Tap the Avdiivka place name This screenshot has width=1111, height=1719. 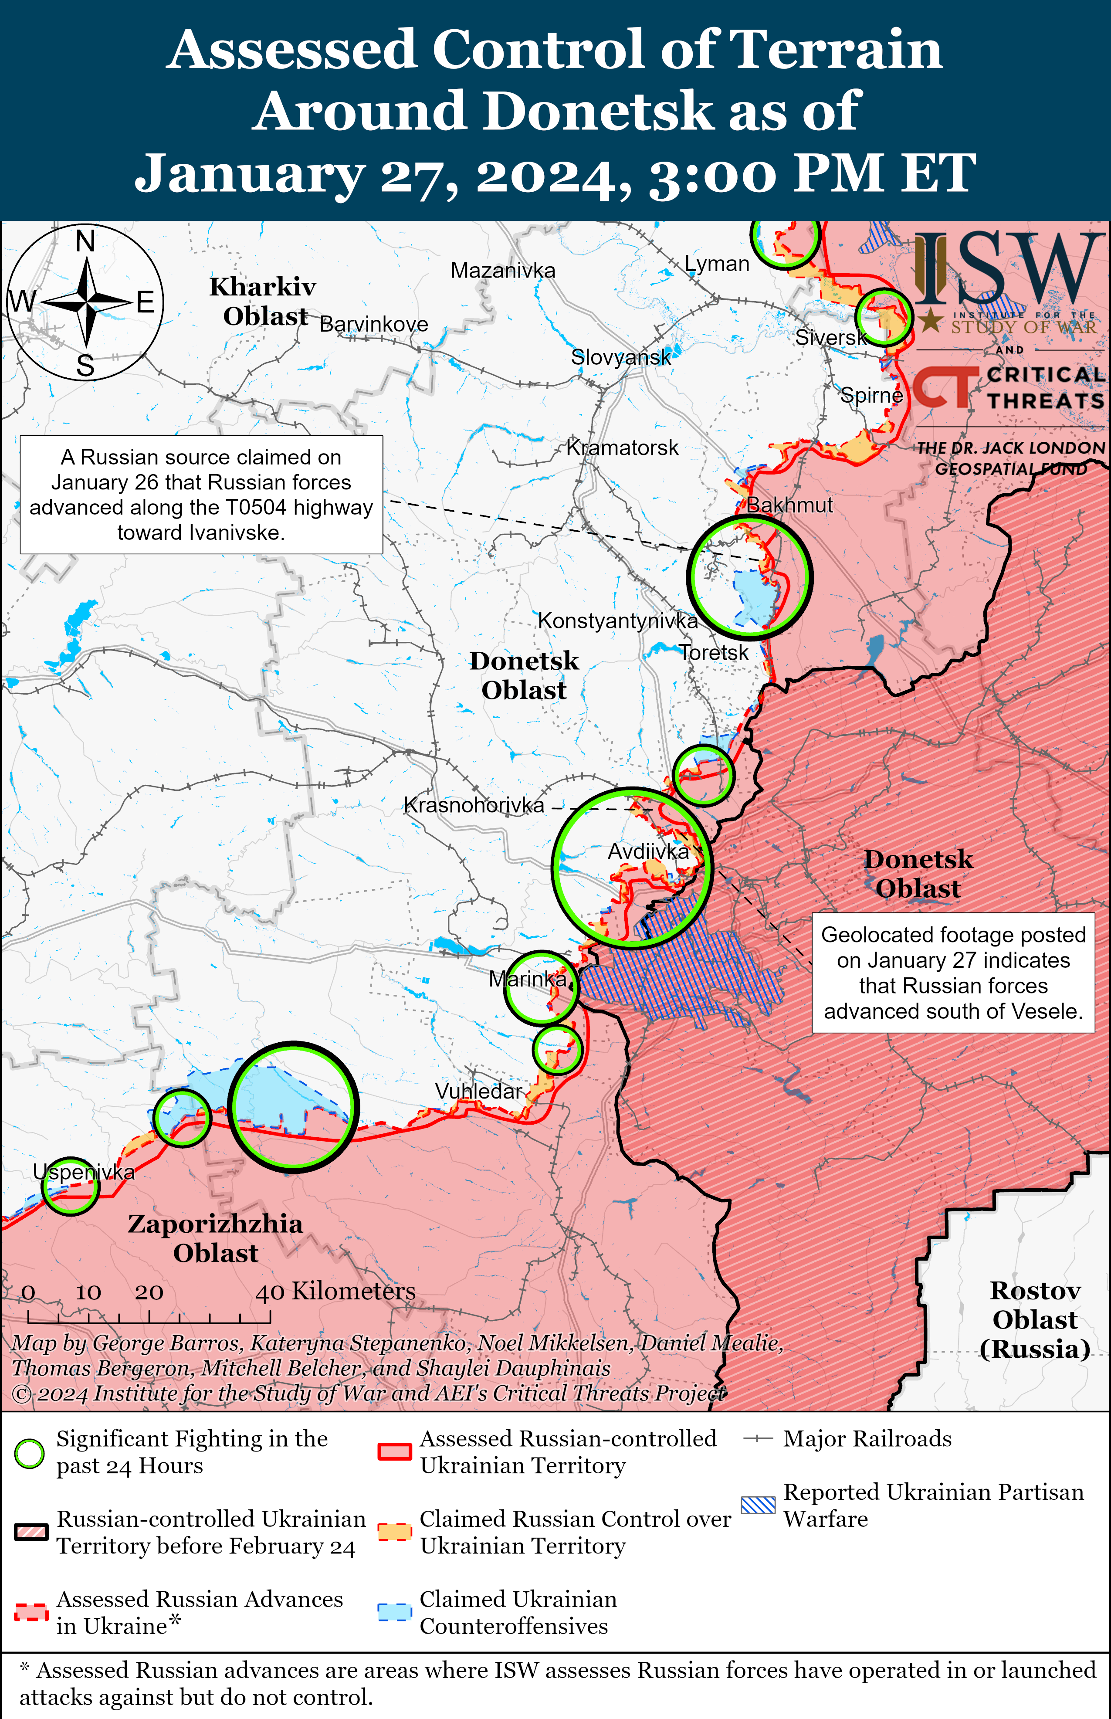click(648, 852)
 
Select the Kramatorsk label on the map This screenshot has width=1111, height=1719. click(622, 448)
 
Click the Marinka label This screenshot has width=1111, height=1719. click(527, 979)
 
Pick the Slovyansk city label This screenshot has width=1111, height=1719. click(620, 357)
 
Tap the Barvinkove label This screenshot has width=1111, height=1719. click(374, 325)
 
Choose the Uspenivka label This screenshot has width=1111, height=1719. click(84, 1172)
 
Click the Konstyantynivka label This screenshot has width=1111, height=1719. click(617, 621)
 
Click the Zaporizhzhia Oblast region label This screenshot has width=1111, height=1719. click(215, 1238)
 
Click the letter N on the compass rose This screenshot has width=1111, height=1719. click(85, 241)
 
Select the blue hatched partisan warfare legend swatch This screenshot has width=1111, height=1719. click(758, 1505)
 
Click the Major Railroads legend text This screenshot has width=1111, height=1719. click(867, 1439)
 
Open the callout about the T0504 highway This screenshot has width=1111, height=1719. click(201, 495)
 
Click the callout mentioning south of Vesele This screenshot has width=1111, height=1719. click(953, 973)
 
